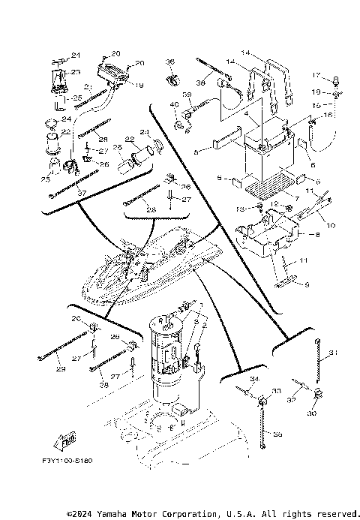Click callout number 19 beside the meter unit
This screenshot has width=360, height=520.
click(x=139, y=85)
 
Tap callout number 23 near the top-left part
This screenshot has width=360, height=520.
click(x=75, y=72)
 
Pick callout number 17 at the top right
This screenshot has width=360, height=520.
click(x=316, y=75)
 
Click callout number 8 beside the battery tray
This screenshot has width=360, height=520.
click(x=316, y=235)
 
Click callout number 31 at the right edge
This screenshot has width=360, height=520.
click(x=334, y=353)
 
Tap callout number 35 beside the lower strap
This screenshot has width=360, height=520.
click(x=277, y=434)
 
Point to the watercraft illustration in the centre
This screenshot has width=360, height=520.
click(x=150, y=266)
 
